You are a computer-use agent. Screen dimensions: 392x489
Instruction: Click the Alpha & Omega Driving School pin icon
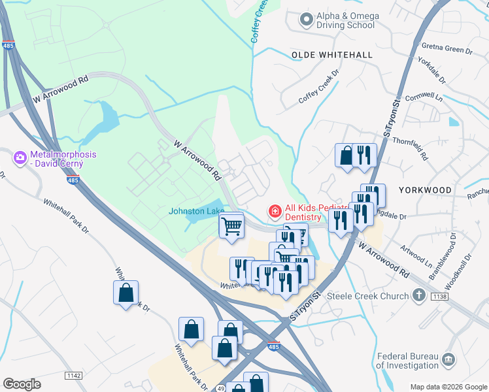coord(305,20)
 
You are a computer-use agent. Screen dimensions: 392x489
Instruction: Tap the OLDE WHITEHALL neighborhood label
coord(331,56)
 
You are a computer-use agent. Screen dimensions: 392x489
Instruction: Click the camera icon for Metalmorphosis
coord(20,157)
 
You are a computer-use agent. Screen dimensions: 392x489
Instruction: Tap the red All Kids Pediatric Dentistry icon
coord(275,211)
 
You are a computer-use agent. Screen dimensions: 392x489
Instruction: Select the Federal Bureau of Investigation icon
coord(448,359)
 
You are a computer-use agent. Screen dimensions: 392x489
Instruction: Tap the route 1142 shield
coord(74,375)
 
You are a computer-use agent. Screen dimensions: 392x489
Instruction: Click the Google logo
coord(22,384)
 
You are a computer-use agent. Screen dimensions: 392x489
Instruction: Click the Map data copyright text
coord(448,387)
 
